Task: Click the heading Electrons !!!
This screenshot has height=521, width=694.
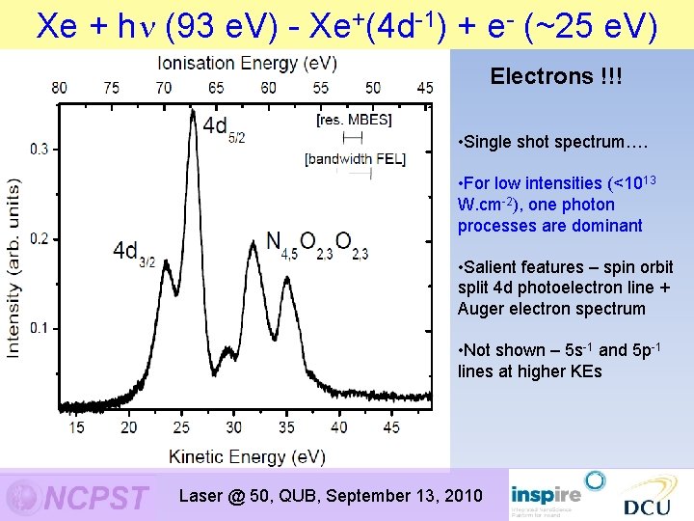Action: [556, 76]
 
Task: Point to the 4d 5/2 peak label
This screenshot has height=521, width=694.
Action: [223, 127]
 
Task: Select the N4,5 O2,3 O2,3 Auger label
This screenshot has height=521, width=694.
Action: [316, 245]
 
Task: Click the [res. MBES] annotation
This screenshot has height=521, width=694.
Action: [354, 120]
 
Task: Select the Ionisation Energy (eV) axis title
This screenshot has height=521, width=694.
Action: [248, 63]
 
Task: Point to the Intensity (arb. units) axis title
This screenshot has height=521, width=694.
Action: [14, 268]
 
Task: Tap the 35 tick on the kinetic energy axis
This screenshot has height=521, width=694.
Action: [286, 427]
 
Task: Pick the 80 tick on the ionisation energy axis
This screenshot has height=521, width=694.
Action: [60, 88]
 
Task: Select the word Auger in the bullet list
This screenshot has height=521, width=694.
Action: [481, 309]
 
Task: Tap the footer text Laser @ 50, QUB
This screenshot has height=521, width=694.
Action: [251, 496]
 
